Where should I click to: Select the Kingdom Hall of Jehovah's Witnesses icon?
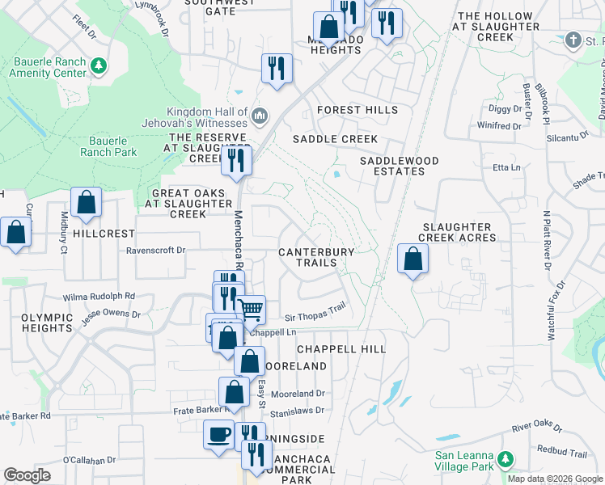(259, 117)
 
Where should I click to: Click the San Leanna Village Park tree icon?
(506, 459)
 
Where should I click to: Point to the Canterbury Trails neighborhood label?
(316, 257)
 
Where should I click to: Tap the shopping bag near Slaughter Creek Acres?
(412, 260)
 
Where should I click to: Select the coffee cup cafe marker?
(218, 435)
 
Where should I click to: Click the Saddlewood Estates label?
(400, 167)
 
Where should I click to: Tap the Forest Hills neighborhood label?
(357, 110)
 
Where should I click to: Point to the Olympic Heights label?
(47, 323)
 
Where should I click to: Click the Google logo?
(27, 475)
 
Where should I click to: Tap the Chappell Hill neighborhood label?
(341, 348)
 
